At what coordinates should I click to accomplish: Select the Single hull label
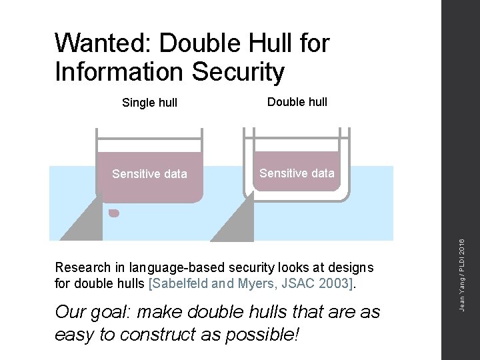pyautogui.click(x=149, y=103)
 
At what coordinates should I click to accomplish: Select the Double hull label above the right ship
pyautogui.click(x=297, y=102)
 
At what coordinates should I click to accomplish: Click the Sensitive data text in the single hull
pyautogui.click(x=149, y=175)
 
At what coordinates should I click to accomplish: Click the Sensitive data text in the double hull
pyautogui.click(x=297, y=173)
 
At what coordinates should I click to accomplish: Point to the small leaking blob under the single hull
pyautogui.click(x=114, y=213)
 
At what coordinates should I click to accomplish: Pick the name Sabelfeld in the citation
pyautogui.click(x=180, y=283)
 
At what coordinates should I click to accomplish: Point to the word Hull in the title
pyautogui.click(x=259, y=43)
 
